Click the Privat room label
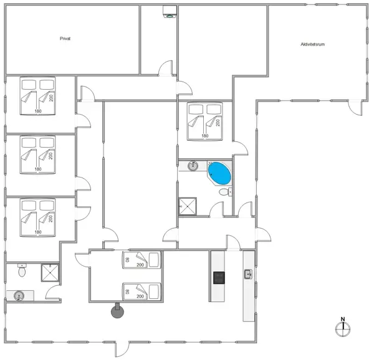coord(65,39)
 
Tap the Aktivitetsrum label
coord(312,44)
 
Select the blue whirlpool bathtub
coord(219,173)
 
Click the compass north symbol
coord(343,328)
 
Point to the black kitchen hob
coord(219,278)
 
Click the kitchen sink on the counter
coord(248,274)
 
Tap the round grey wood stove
coord(118,311)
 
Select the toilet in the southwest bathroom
coord(22,270)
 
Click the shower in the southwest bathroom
coord(50,273)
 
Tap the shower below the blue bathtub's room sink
coord(188,206)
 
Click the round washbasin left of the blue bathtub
coord(193,166)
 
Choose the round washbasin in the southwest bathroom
coord(19,296)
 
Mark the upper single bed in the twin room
coord(141,260)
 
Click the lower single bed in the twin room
coord(141,291)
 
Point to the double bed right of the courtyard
coord(204,121)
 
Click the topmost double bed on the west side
coord(37,95)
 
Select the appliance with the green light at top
coord(170,11)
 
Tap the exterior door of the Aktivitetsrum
coord(355,108)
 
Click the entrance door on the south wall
coord(122,349)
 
